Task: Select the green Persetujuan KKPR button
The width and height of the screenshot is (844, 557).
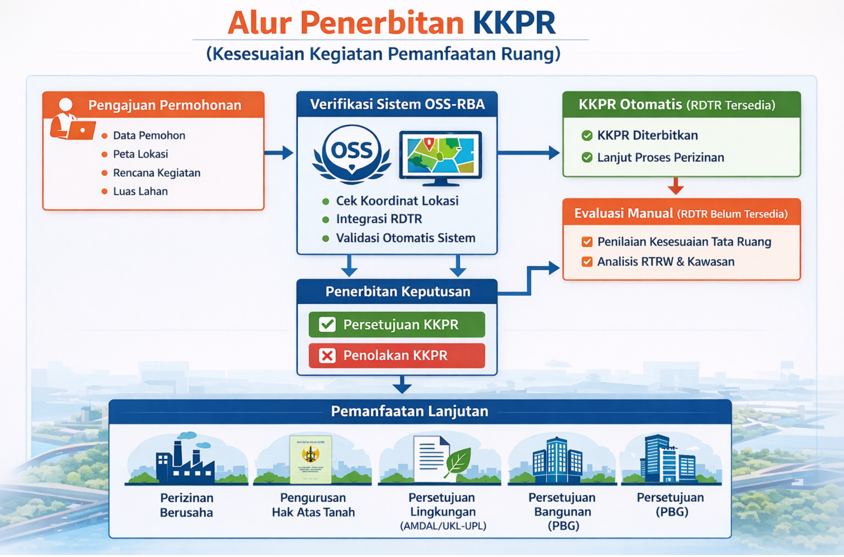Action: click(397, 324)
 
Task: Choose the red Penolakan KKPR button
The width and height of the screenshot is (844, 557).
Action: click(397, 355)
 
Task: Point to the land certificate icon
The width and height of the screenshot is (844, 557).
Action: click(311, 459)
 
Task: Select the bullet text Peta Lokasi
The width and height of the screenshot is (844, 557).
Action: click(140, 154)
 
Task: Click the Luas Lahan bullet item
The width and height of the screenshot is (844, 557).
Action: click(140, 192)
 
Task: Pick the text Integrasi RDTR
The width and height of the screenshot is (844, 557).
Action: click(379, 219)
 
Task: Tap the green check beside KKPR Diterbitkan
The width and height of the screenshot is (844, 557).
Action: click(587, 135)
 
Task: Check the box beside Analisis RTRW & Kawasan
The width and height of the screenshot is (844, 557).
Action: click(587, 262)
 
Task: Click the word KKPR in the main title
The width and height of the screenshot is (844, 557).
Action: click(514, 23)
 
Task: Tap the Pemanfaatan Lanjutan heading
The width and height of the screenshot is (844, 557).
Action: click(409, 411)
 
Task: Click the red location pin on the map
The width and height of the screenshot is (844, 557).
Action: click(429, 143)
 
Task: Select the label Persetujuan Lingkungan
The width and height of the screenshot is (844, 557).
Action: click(442, 505)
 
